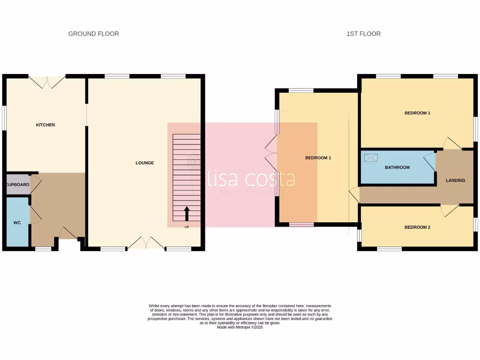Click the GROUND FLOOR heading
(x=93, y=34)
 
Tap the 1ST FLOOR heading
(x=363, y=34)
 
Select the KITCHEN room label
(x=45, y=125)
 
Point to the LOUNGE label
(x=144, y=163)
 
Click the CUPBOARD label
(x=18, y=185)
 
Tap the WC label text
(x=17, y=223)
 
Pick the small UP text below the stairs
(x=187, y=227)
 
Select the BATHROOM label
(x=397, y=167)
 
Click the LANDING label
(x=455, y=180)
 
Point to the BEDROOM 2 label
(x=417, y=227)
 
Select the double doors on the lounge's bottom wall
(x=146, y=242)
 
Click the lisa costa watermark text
(x=252, y=179)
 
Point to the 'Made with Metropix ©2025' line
(x=240, y=327)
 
